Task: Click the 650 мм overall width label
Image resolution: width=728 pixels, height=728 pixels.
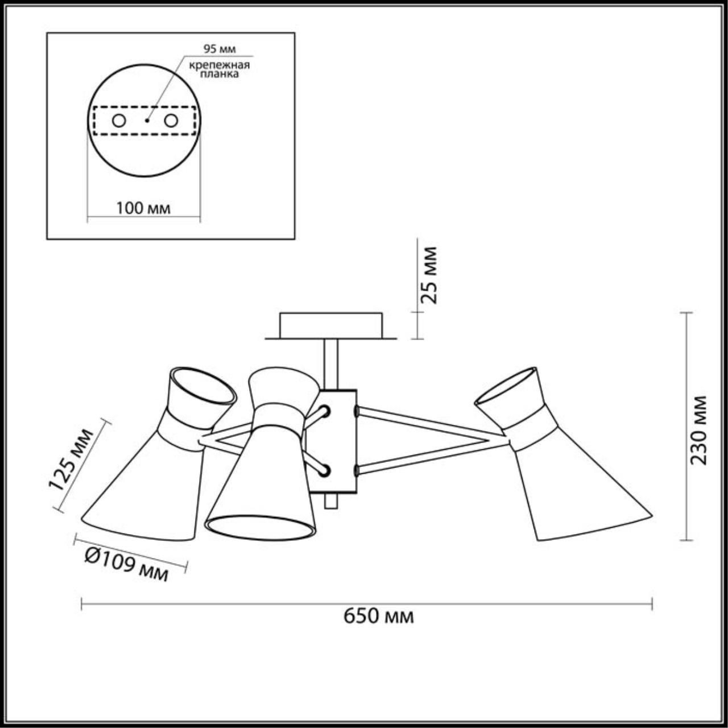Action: tap(378, 615)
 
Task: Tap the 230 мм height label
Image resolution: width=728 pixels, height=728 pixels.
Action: tap(700, 430)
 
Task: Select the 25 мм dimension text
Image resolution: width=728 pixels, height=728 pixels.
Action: tap(430, 275)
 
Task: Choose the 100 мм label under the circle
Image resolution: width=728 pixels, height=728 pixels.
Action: tap(143, 208)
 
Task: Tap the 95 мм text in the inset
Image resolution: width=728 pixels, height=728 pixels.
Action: tap(220, 48)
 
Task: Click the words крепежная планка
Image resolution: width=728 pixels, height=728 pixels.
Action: tap(220, 69)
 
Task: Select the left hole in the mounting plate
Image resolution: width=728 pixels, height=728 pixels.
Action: tap(119, 121)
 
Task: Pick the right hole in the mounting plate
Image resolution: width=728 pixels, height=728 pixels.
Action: tap(171, 121)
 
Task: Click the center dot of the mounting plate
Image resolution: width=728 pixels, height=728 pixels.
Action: tap(146, 121)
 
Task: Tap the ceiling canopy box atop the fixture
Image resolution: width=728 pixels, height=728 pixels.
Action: tap(330, 325)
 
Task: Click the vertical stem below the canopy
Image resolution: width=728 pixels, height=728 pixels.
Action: tap(330, 364)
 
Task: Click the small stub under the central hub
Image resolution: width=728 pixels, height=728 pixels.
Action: tap(330, 501)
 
